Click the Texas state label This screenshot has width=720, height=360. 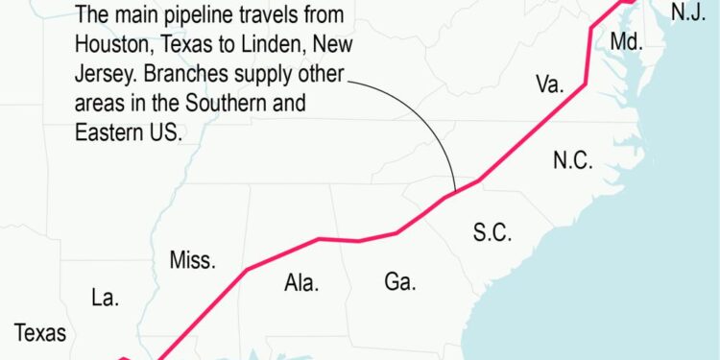40,334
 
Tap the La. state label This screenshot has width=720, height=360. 105,298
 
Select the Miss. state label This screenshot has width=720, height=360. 192,260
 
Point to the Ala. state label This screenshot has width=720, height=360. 301,282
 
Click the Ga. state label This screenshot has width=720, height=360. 399,281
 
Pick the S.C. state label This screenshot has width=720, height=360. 492,231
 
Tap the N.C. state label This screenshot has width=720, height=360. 573,161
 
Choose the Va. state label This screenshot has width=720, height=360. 549,84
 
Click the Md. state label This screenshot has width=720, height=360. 625,41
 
